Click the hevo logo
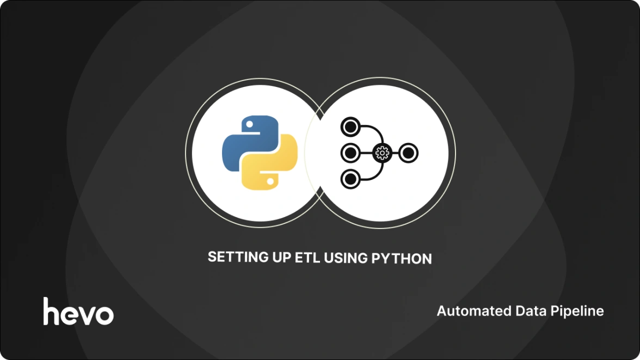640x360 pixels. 78,312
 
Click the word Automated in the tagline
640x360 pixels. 469,311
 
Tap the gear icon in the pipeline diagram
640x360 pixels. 381,153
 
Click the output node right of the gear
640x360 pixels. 408,153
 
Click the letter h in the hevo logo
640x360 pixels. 52,311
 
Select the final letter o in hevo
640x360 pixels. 103,315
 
